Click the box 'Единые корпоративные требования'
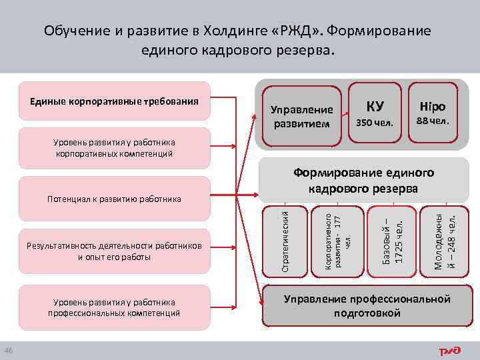[115, 101]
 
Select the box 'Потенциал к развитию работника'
[115, 199]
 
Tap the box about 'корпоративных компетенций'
[115, 148]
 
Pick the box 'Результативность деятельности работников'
[115, 251]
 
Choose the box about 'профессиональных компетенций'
[115, 307]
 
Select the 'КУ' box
[375, 113]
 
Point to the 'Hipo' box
[433, 113]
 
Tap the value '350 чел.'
[375, 123]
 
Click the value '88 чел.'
[433, 121]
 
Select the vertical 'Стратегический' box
[285, 241]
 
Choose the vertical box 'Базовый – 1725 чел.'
[393, 241]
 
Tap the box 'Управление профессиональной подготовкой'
[367, 306]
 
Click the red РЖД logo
[449, 351]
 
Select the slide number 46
[8, 351]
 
